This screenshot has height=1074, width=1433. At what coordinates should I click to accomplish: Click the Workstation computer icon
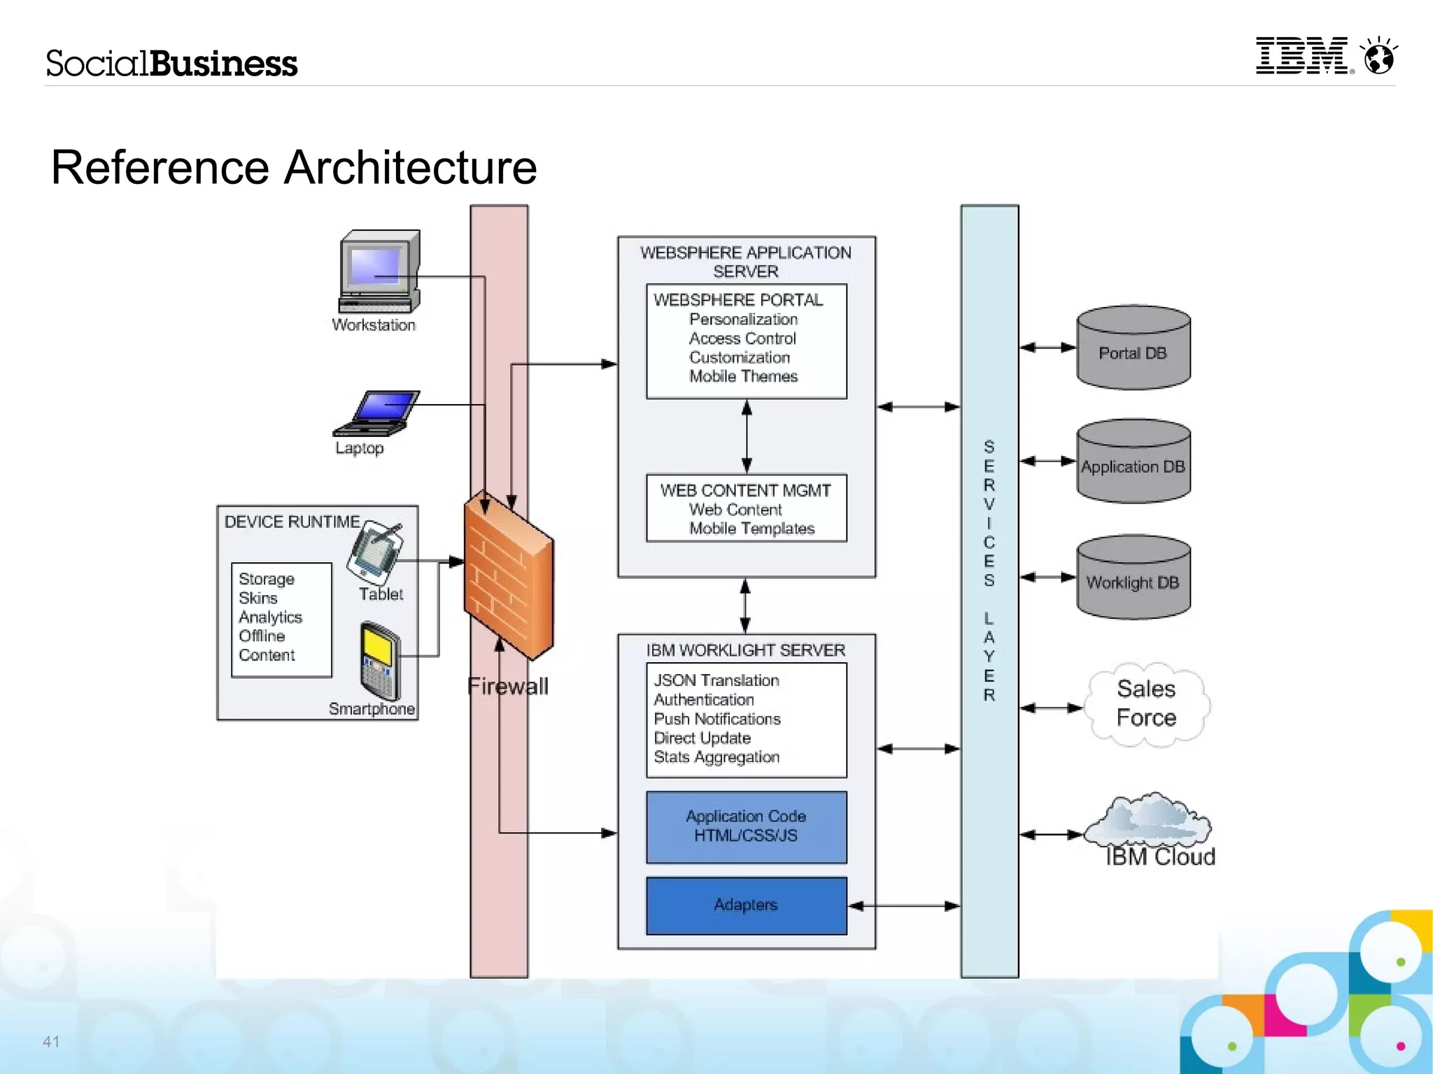click(379, 272)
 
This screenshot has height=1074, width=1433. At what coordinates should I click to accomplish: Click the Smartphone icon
click(380, 660)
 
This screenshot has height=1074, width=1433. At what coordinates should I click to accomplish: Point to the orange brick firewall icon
click(508, 575)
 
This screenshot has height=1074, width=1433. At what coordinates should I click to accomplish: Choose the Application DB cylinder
click(1133, 462)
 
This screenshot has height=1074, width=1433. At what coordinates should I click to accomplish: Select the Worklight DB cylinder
click(1133, 578)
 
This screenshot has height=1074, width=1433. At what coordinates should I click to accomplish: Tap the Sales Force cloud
click(1146, 704)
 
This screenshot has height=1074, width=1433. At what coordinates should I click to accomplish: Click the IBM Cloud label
click(1160, 857)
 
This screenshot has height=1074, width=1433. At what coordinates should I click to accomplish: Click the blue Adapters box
click(746, 905)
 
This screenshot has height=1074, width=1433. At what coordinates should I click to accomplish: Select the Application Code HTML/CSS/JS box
click(746, 826)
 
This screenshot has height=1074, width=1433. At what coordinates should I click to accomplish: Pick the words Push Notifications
click(716, 719)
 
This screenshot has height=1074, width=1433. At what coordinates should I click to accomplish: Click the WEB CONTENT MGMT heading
click(745, 491)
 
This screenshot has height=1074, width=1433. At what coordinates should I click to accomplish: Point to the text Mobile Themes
click(743, 377)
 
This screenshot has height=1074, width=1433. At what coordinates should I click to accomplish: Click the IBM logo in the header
click(1302, 56)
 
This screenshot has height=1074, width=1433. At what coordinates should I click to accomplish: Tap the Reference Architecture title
click(294, 168)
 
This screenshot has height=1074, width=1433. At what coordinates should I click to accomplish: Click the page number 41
click(51, 1041)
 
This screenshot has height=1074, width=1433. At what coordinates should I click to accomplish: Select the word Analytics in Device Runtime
click(270, 617)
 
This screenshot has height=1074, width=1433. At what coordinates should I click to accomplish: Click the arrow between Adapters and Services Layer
click(904, 906)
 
